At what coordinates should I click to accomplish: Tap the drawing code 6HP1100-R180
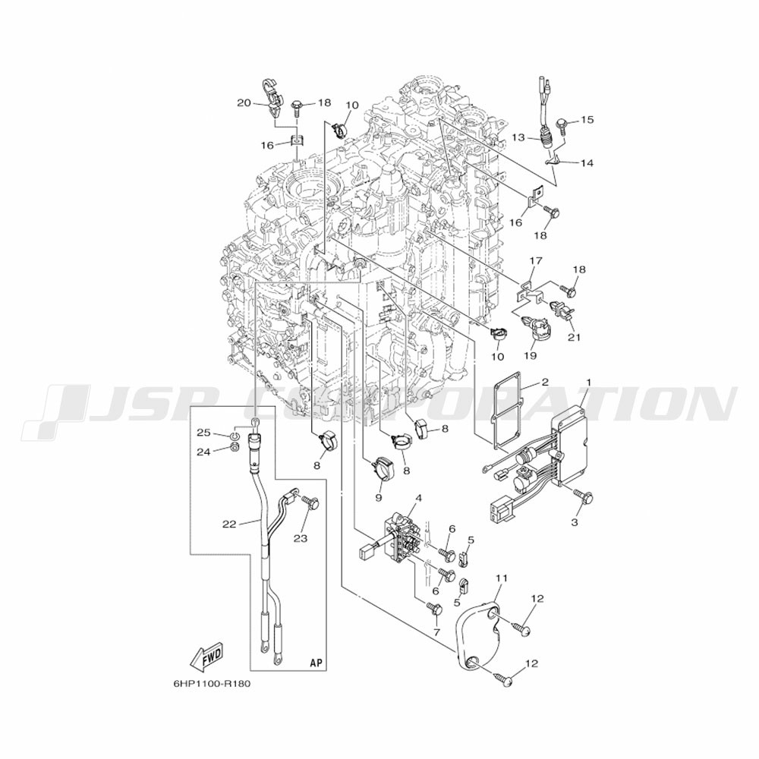[212, 684]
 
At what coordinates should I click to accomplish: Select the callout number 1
[589, 383]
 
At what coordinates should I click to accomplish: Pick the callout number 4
[419, 497]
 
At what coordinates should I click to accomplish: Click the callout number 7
[436, 632]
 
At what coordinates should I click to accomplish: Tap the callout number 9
[378, 497]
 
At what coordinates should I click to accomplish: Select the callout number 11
[502, 578]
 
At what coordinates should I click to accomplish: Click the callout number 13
[518, 137]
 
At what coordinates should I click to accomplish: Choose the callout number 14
[587, 163]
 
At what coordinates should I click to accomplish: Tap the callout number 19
[530, 356]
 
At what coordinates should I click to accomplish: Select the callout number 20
[244, 102]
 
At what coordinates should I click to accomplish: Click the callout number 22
[229, 524]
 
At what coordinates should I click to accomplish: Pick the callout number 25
[204, 432]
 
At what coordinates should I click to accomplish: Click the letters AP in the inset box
[316, 662]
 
